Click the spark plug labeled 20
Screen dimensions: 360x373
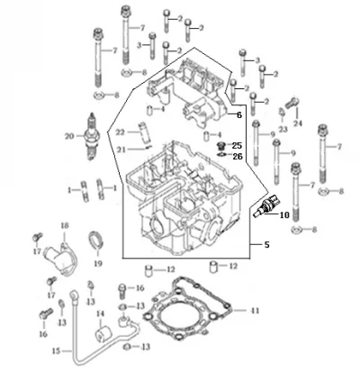pyautogui.click(x=92, y=137)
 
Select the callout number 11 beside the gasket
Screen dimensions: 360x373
pyautogui.click(x=255, y=310)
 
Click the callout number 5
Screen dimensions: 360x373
pyautogui.click(x=266, y=245)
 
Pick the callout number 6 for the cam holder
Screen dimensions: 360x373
pyautogui.click(x=239, y=115)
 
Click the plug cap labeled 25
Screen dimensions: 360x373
pyautogui.click(x=220, y=146)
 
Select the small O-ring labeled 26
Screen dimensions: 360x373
pyautogui.click(x=221, y=155)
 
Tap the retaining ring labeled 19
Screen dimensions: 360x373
pyautogui.click(x=95, y=241)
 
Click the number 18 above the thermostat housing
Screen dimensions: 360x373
pyautogui.click(x=65, y=226)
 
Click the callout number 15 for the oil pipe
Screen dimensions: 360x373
pyautogui.click(x=57, y=350)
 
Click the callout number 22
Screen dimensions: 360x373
pyautogui.click(x=120, y=132)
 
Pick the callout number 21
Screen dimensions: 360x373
pyautogui.click(x=121, y=150)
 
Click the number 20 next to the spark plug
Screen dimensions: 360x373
pyautogui.click(x=69, y=136)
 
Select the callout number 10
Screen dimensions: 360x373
pyautogui.click(x=284, y=215)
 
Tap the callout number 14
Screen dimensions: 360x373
pyautogui.click(x=100, y=314)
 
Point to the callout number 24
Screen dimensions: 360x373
pyautogui.click(x=298, y=123)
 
